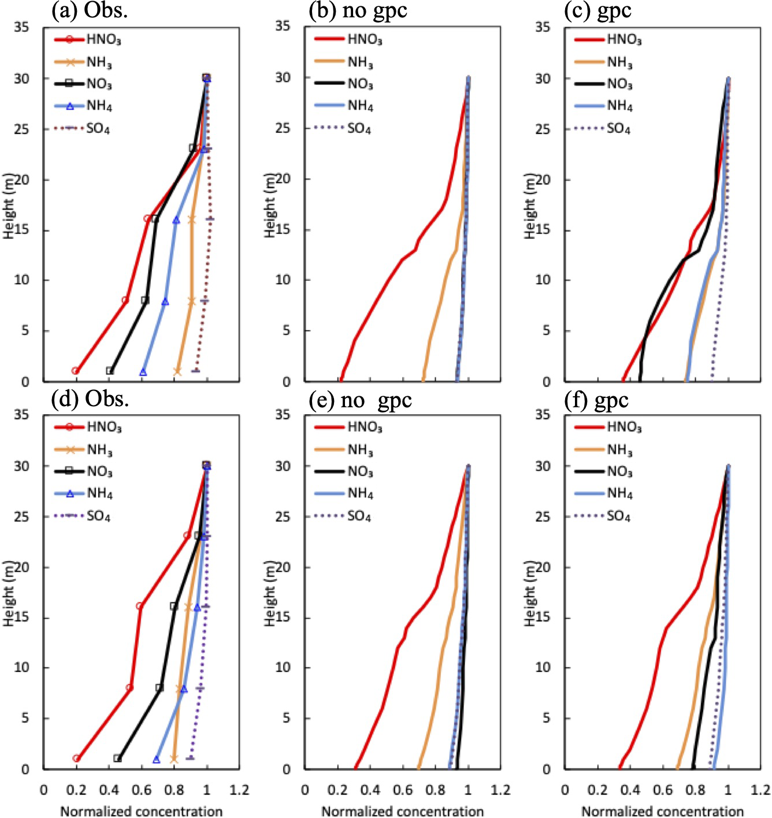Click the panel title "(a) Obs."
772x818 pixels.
point(90,10)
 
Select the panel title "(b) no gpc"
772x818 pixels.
point(358,10)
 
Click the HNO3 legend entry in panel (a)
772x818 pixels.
point(103,40)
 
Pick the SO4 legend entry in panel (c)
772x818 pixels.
point(618,128)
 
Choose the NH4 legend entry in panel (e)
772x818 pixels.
point(360,493)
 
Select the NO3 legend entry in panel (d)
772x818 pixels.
point(99,471)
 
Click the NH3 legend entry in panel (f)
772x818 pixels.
point(619,449)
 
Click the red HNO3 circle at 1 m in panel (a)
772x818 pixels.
point(75,371)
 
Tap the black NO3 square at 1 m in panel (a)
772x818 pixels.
point(110,371)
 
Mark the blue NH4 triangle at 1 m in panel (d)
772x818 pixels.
point(156,759)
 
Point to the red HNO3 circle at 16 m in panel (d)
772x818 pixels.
point(139,606)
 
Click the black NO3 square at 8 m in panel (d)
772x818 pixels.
point(159,688)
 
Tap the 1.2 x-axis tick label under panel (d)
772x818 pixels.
point(239,790)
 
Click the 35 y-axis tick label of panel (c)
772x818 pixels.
point(542,27)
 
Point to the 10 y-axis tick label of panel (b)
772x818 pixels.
point(283,280)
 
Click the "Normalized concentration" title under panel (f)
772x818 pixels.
point(662,811)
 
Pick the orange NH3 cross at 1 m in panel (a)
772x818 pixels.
point(177,371)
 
